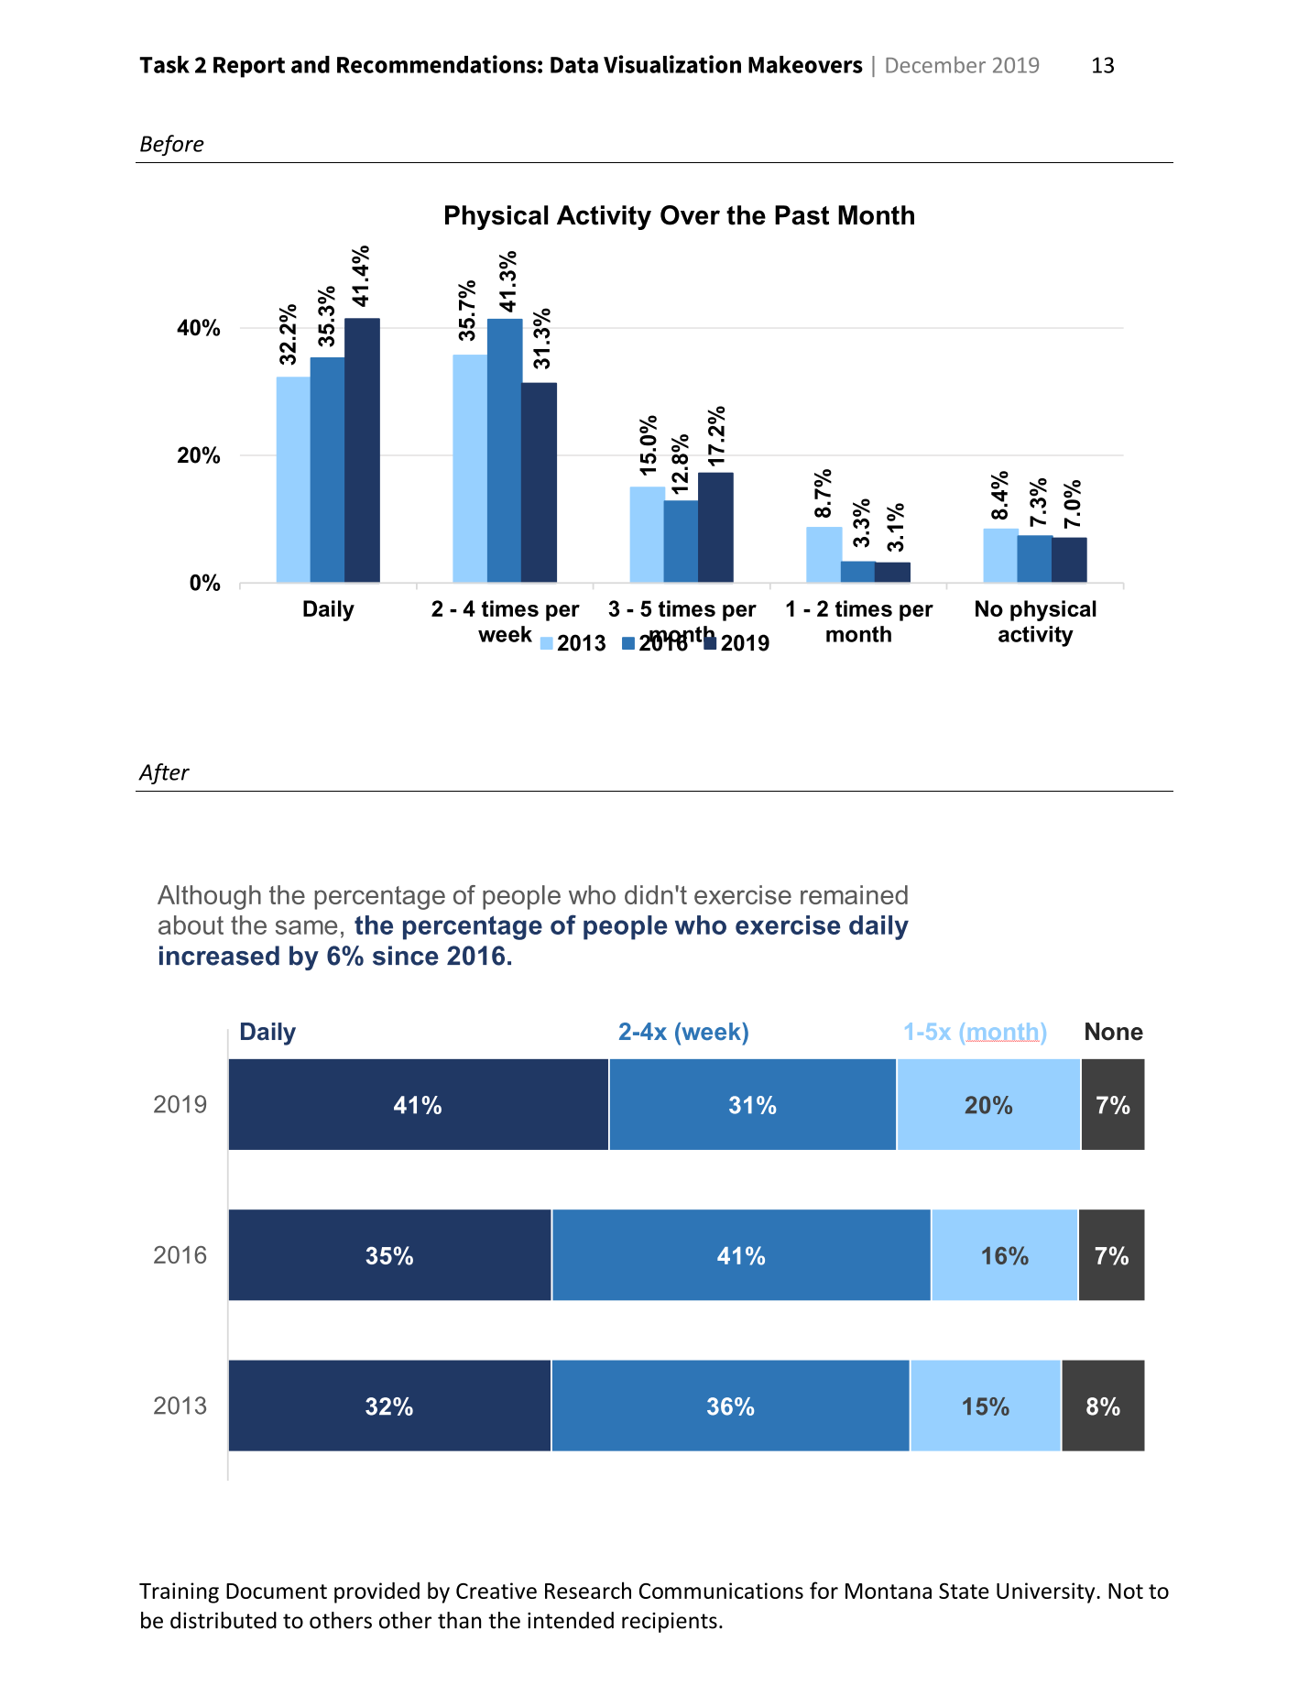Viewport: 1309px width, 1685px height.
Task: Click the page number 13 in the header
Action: tap(1102, 65)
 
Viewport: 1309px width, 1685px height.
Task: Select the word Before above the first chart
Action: tap(171, 145)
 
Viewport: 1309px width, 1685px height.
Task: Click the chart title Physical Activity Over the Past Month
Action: tap(679, 215)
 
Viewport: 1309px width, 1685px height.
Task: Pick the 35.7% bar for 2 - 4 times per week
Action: tap(470, 467)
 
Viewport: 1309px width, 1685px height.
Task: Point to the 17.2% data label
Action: tap(716, 435)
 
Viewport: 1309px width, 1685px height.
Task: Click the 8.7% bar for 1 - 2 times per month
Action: tap(824, 554)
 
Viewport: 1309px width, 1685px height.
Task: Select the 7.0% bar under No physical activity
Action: tap(1069, 559)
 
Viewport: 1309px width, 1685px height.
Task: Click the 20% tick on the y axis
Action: tap(199, 455)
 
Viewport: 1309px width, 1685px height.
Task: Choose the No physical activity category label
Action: tap(1034, 622)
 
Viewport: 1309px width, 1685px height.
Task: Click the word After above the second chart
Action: tap(164, 772)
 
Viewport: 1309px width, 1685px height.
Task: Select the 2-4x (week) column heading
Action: tap(683, 1032)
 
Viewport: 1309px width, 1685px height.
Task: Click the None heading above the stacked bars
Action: tap(1113, 1032)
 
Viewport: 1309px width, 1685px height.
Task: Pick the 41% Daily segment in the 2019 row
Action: tap(418, 1105)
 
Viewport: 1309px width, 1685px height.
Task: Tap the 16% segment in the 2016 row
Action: tap(1004, 1255)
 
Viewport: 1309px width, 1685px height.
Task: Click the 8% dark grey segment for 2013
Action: tap(1103, 1406)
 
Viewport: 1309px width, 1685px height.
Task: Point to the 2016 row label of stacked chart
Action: tap(180, 1255)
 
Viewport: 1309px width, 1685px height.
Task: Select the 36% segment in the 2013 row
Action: tap(730, 1406)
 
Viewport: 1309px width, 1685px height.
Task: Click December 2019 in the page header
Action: tap(962, 65)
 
